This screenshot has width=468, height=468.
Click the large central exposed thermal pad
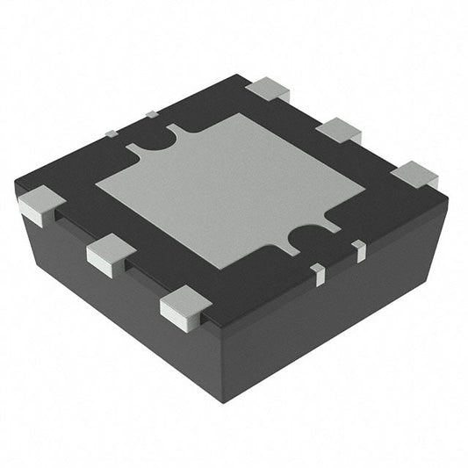tap(230, 189)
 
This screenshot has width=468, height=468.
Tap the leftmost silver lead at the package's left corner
tap(40, 206)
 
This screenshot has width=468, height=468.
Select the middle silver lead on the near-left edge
tap(111, 253)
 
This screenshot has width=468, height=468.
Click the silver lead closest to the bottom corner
tap(185, 310)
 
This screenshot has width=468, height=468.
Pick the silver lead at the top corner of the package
tap(268, 89)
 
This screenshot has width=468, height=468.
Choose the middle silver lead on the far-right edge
tap(338, 131)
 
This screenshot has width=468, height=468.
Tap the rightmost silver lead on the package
tap(414, 175)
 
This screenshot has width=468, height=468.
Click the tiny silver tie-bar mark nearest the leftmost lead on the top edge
tap(112, 133)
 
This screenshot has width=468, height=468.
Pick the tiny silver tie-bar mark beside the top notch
tap(151, 113)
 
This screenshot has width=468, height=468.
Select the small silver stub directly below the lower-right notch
tap(319, 275)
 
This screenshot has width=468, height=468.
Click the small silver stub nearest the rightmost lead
tap(359, 251)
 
